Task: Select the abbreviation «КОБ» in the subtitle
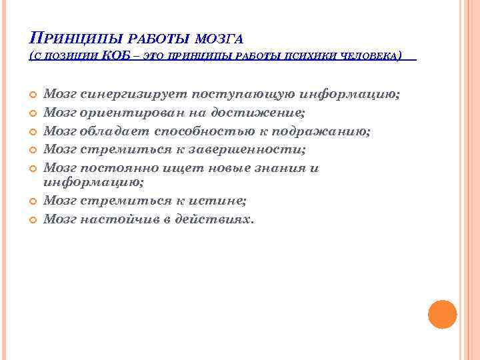click(121, 55)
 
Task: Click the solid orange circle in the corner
click(442, 314)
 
